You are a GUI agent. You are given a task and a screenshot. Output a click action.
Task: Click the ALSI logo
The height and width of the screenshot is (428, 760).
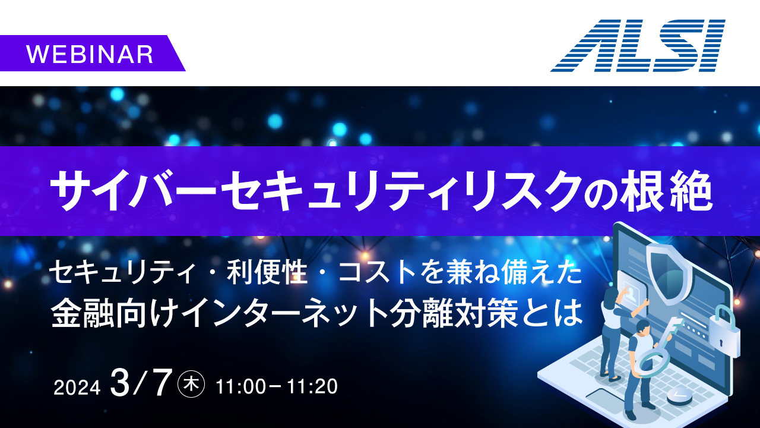coord(638,46)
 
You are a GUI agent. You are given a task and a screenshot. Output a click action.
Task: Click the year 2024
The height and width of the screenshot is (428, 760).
coord(77,387)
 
